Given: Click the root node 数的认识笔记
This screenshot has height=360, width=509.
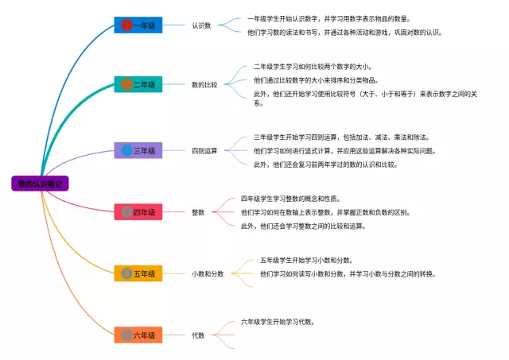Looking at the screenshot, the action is (x=41, y=184).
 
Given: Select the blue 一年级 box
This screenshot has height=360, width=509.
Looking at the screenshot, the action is (x=138, y=25).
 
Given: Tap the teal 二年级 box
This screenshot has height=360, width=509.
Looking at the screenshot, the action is (x=138, y=84).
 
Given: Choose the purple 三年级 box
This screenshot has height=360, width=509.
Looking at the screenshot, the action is (x=138, y=150).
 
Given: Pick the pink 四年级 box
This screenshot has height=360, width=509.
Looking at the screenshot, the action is (x=138, y=212).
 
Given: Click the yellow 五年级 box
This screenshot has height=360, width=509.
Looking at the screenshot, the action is (x=138, y=273).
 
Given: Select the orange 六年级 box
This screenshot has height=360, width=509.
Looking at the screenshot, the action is (x=138, y=335).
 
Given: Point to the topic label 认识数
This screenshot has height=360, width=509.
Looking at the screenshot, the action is (x=201, y=25).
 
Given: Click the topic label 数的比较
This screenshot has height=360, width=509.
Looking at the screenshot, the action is (x=204, y=84).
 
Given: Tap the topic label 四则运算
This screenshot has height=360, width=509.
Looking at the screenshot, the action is (x=204, y=150).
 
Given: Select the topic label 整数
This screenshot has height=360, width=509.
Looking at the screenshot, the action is (x=198, y=212).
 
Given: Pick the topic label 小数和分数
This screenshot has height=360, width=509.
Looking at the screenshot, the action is (x=207, y=273).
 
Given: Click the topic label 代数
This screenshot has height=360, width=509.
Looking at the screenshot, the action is (x=198, y=335).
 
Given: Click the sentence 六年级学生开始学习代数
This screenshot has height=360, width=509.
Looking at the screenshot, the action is (x=278, y=323).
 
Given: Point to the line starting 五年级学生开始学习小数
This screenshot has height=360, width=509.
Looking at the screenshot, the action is (x=306, y=260).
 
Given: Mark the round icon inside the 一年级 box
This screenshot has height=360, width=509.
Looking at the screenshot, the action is (x=126, y=25).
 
